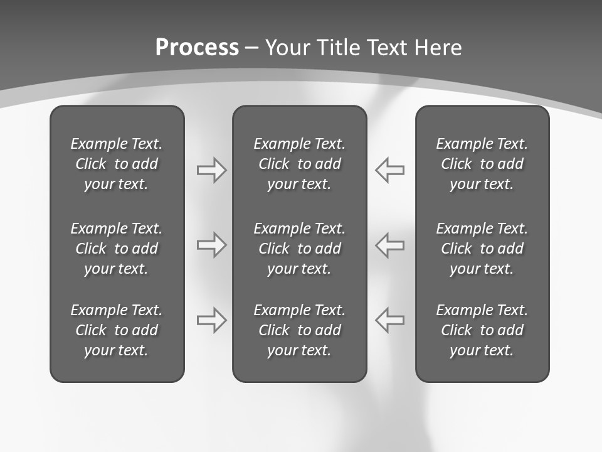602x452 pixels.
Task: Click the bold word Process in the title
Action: (x=197, y=48)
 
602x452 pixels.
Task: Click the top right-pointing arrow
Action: (x=212, y=169)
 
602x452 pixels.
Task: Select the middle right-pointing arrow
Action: (x=212, y=245)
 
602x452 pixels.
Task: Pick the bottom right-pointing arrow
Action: (x=212, y=320)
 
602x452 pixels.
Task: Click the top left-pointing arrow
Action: (x=389, y=169)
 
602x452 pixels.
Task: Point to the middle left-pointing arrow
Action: (x=389, y=245)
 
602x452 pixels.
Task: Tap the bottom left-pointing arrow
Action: (x=389, y=320)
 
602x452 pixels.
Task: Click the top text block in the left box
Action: (x=117, y=164)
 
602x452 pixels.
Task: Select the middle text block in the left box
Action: (x=117, y=249)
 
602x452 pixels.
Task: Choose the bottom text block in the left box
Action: (x=117, y=330)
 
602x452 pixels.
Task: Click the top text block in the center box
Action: (x=299, y=164)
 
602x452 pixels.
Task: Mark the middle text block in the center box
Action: (x=299, y=249)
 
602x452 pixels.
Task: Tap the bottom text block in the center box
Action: (x=299, y=330)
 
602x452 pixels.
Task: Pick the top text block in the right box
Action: (x=482, y=164)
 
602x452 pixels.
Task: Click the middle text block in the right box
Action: (x=482, y=249)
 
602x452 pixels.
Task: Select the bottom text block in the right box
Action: (x=482, y=330)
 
